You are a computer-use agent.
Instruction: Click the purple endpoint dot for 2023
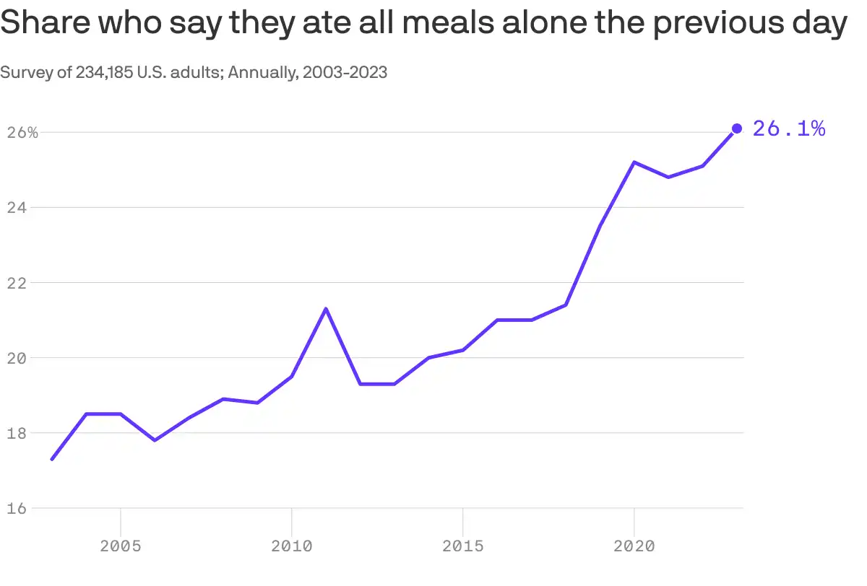click(737, 128)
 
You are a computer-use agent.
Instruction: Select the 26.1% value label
click(789, 128)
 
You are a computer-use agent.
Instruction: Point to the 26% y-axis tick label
click(22, 133)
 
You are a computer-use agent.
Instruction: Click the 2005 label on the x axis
click(121, 546)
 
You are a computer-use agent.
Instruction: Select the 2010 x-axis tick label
click(291, 546)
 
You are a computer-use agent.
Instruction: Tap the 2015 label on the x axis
click(462, 546)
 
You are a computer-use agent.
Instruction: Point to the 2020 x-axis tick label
click(634, 546)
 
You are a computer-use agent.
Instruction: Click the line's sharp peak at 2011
click(326, 309)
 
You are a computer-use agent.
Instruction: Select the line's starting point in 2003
click(53, 459)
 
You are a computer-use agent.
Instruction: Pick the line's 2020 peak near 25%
click(634, 162)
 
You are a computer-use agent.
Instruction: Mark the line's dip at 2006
click(155, 440)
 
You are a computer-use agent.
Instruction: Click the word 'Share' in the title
click(45, 25)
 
